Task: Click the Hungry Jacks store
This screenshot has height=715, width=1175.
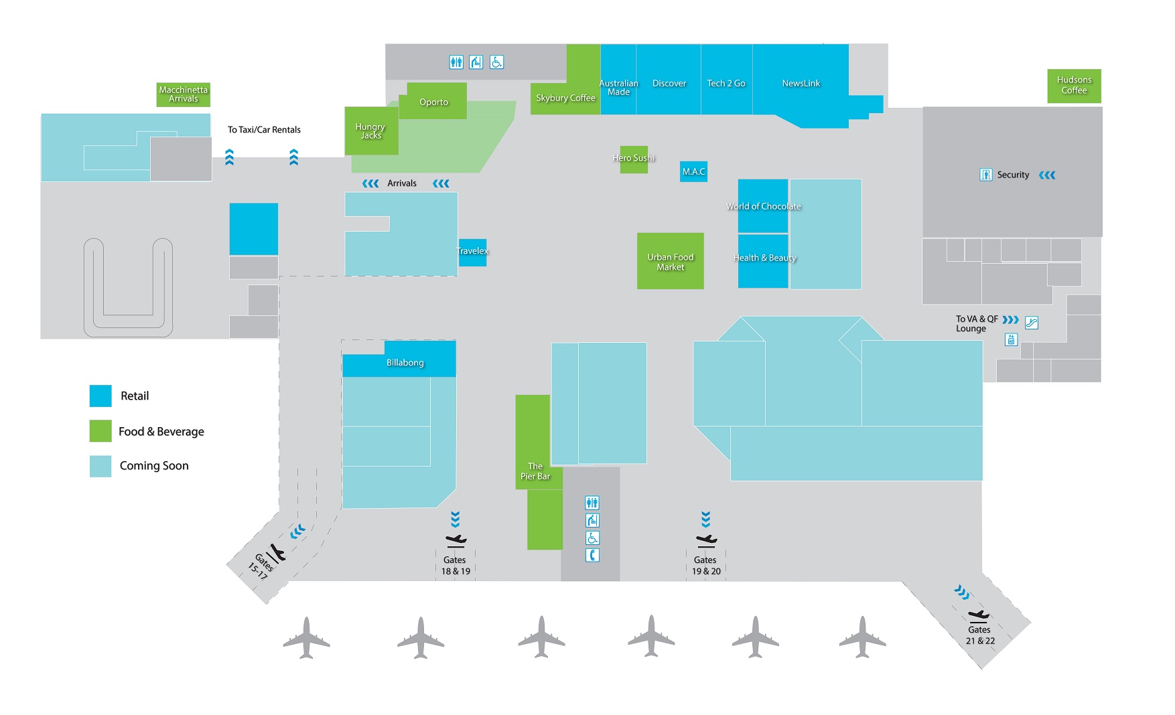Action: point(370,131)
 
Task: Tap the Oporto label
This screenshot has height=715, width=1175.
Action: point(433,102)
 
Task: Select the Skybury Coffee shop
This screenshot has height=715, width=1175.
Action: point(565,98)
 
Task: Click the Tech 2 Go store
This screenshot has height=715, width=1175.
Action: point(726,83)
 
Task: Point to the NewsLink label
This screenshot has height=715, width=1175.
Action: point(801,83)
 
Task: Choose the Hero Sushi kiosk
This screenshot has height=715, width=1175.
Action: point(633,159)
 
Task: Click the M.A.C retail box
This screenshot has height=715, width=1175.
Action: point(693,171)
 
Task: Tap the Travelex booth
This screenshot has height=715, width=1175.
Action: point(472,252)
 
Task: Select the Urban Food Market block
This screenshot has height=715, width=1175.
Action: point(670,261)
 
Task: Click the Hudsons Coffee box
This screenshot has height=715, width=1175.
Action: point(1074,86)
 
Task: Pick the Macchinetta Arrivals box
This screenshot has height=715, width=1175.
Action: point(183,94)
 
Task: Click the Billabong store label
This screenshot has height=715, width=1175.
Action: point(405,362)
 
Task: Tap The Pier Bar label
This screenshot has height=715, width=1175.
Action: point(535,471)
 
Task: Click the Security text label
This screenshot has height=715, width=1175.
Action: point(1013,175)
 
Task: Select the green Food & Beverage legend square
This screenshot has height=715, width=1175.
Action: point(100,431)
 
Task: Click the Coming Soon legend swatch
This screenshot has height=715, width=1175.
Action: point(100,466)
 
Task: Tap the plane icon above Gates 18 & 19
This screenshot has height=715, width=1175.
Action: point(456,540)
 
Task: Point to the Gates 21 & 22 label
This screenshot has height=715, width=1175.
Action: point(979,635)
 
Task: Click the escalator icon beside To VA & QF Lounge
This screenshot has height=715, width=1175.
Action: point(1031,323)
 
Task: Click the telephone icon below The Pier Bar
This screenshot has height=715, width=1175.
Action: point(592,556)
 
